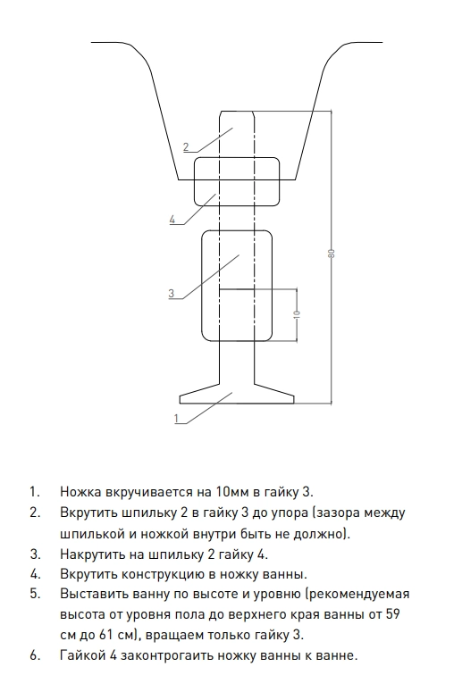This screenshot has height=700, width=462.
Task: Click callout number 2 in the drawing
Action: pos(186,146)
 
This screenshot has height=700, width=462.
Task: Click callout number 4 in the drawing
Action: pos(172,220)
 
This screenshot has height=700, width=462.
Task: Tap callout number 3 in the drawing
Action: pos(172,293)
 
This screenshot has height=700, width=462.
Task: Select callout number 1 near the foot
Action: pos(177,418)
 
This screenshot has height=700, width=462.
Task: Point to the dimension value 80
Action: pos(331,254)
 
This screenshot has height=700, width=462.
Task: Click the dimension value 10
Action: pos(297,314)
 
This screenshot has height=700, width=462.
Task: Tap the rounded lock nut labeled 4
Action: pos(237,181)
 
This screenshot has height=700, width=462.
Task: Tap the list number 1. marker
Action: pos(36,492)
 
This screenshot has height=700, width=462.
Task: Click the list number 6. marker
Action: pos(36,655)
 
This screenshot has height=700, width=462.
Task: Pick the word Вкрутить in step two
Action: pos(88,512)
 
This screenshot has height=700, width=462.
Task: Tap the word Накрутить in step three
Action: pos(93,554)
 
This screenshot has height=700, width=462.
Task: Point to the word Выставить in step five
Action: pos(93,595)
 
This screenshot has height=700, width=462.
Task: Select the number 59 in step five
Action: pos(391,614)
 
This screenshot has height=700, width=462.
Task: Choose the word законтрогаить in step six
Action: pos(167,655)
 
